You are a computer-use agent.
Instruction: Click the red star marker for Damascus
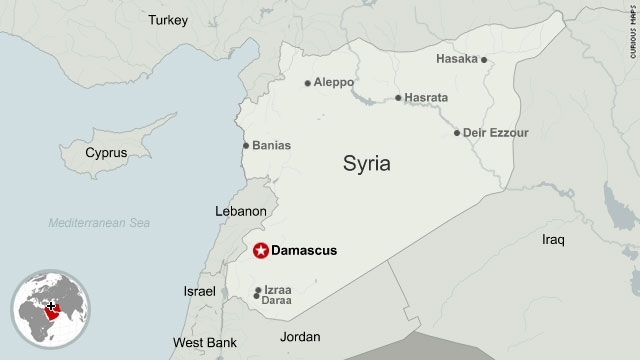pos(262,251)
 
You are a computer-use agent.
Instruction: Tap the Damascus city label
pos(305,251)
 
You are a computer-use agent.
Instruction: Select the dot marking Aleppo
pos(308,83)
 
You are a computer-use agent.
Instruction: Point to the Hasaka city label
pos(456,59)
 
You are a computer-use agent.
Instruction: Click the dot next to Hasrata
pos(398,98)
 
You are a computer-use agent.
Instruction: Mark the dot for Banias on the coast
pos(246,146)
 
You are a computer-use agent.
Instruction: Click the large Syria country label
pos(367,163)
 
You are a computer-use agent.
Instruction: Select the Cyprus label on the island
pos(106,153)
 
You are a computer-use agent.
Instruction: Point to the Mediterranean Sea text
pos(102,223)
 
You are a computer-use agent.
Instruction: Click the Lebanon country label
pos(241,211)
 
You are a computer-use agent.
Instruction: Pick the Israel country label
pos(199,291)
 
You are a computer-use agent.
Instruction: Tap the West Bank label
pos(205,343)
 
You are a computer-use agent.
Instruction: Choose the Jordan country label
pos(300,337)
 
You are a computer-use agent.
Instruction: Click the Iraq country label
pos(553,240)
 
